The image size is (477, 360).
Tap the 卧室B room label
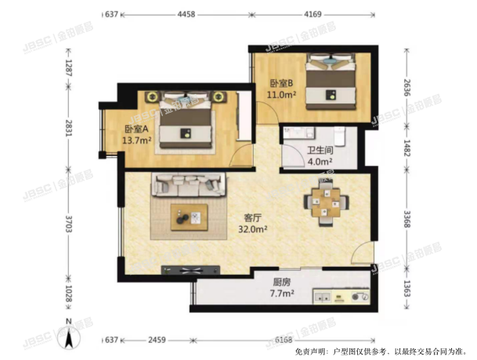[x=280, y=84]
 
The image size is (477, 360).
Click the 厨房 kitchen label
[x=261, y=284]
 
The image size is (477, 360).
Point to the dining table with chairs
[x=322, y=200]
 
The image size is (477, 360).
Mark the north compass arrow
[x=70, y=338]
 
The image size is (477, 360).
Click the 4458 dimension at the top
[x=186, y=14]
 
